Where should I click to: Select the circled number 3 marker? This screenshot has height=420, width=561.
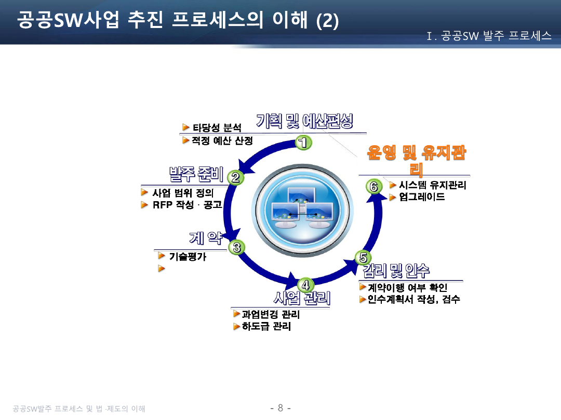click(237, 247)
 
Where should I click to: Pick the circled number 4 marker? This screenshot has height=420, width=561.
click(305, 285)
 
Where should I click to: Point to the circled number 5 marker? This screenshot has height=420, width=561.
click(363, 257)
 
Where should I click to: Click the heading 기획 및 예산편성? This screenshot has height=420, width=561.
click(304, 121)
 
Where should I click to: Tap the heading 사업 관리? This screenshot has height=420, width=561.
click(302, 299)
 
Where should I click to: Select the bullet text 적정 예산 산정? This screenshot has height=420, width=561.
click(222, 141)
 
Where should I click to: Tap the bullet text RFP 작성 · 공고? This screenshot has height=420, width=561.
click(187, 205)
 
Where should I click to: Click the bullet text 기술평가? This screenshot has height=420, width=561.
click(188, 256)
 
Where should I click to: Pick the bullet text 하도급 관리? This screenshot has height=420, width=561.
click(266, 327)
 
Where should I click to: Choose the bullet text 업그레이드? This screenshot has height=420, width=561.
click(422, 197)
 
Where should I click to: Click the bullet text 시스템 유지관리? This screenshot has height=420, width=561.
click(432, 185)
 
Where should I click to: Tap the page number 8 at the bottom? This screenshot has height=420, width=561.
click(280, 408)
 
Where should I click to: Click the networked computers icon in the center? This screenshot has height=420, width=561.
click(298, 207)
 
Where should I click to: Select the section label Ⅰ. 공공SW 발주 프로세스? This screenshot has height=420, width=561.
click(489, 36)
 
